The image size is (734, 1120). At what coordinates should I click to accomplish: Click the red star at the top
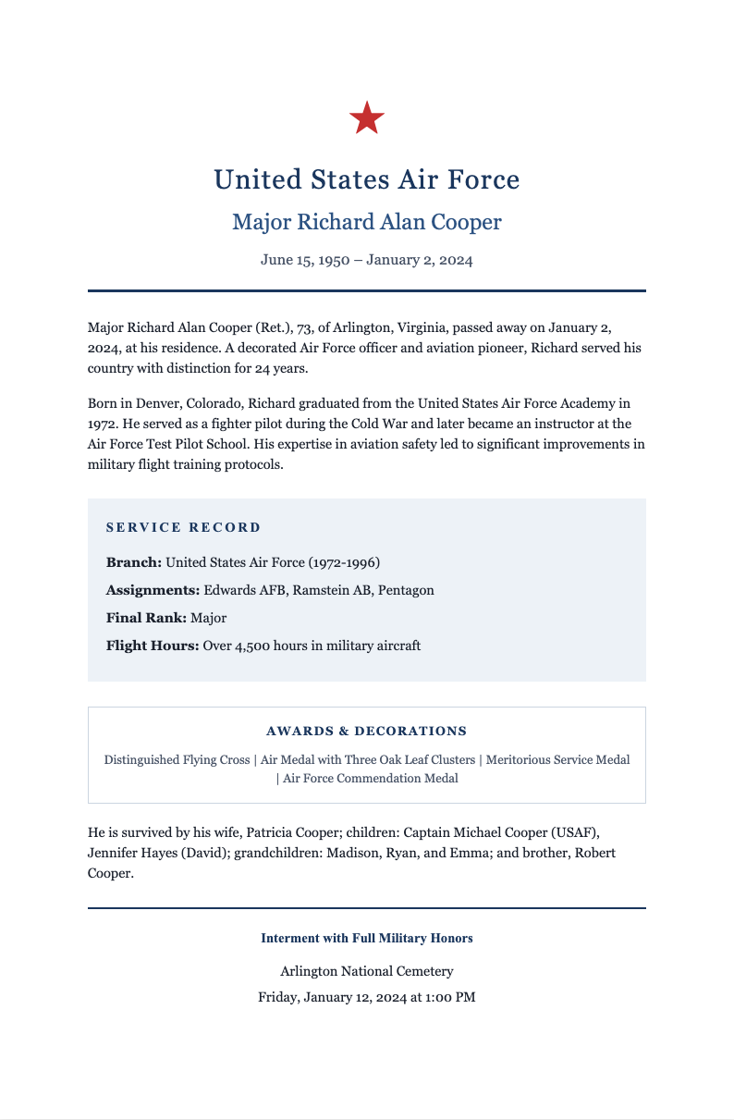click(x=367, y=118)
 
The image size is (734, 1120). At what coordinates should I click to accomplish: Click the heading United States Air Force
click(x=367, y=178)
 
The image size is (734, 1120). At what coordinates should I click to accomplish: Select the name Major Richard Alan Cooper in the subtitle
click(x=367, y=222)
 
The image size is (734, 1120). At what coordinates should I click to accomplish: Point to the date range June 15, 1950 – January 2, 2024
click(x=367, y=260)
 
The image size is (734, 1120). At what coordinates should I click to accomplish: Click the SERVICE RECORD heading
click(x=184, y=527)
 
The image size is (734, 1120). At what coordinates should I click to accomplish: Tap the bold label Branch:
click(x=134, y=562)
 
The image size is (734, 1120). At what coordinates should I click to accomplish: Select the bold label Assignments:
click(x=153, y=590)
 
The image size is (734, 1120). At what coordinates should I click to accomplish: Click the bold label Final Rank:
click(x=146, y=618)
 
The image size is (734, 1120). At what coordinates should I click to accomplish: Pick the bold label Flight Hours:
click(x=153, y=646)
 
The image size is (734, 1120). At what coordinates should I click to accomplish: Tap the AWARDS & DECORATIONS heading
click(x=367, y=731)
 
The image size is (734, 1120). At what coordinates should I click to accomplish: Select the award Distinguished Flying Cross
click(x=177, y=759)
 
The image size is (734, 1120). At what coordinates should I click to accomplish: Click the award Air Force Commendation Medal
click(x=370, y=778)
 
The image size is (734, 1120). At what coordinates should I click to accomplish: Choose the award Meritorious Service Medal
click(x=557, y=759)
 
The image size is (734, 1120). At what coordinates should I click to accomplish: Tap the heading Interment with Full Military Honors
click(x=367, y=938)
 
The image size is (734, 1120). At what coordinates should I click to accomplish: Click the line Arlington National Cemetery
click(x=367, y=971)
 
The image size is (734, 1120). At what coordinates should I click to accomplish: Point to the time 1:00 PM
click(x=450, y=997)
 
